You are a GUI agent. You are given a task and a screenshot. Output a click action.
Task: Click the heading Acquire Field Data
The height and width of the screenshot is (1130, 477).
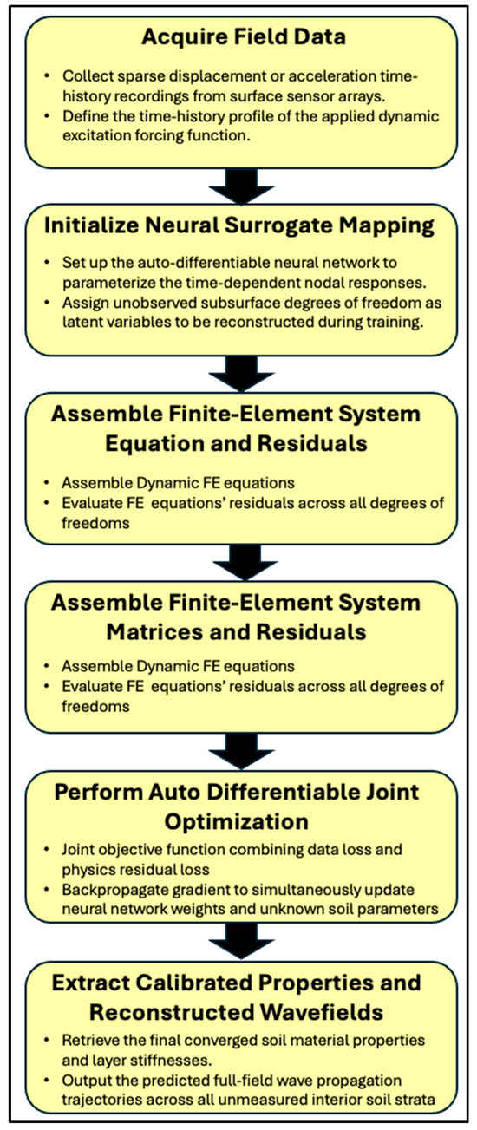[244, 36]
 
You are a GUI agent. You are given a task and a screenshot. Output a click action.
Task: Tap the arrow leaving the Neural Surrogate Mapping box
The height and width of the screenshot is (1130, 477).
[241, 374]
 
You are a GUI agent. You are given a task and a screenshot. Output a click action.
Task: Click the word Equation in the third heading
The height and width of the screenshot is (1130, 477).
[153, 443]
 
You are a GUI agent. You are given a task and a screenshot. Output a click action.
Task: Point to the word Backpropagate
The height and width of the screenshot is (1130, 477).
[106, 890]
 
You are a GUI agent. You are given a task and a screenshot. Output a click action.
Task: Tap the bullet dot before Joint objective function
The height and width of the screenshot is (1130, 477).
[46, 850]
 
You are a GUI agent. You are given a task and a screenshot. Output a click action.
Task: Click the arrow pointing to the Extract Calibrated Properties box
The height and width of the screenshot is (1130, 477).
[241, 941]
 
